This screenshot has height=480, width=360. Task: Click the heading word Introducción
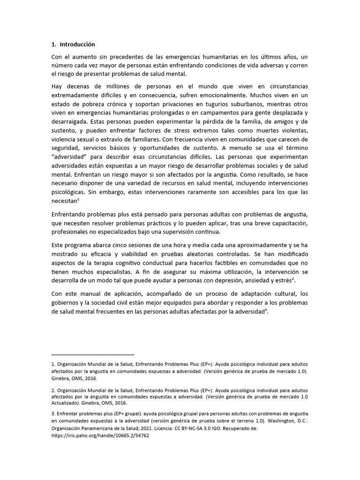(77, 45)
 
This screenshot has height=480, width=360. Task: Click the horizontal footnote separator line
(92, 354)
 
